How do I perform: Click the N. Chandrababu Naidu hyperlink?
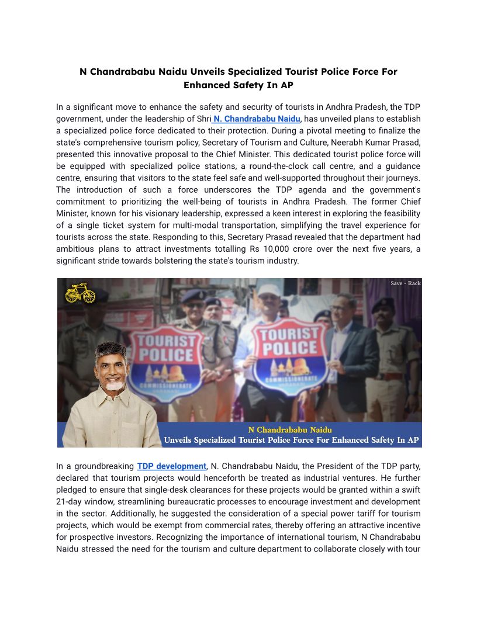(257, 119)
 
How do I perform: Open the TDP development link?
(171, 466)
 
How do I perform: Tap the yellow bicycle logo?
(80, 293)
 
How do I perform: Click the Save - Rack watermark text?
(405, 283)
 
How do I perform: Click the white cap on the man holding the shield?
(268, 290)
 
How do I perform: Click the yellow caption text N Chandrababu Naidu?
(290, 430)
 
